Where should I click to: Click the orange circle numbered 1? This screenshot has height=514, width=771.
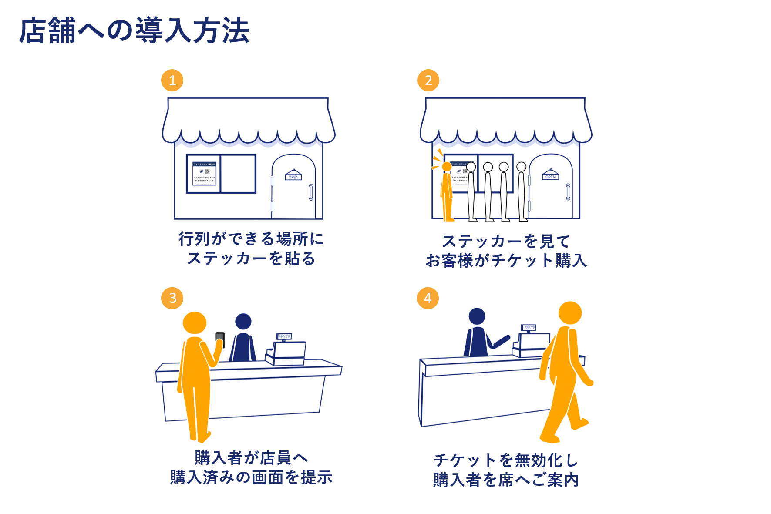(x=172, y=81)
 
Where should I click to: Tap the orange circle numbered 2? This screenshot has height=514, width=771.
(x=428, y=81)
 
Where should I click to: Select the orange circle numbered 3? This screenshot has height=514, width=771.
(x=172, y=298)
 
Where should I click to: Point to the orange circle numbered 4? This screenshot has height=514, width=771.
(x=428, y=298)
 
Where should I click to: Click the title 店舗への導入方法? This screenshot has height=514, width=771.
(x=134, y=30)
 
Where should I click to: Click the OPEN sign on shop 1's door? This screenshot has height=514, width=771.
(x=293, y=177)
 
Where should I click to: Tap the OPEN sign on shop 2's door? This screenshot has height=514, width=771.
(x=550, y=177)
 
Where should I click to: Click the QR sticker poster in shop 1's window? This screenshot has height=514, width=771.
(x=204, y=174)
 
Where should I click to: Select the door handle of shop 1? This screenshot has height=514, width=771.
(x=311, y=192)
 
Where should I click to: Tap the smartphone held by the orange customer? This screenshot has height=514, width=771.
(x=220, y=339)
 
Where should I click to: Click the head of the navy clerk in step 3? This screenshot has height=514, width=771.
(x=243, y=322)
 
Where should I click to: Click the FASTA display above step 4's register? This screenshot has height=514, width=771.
(x=529, y=327)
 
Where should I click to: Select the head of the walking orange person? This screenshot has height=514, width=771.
(x=569, y=312)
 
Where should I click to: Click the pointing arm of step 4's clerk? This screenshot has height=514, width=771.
(x=500, y=342)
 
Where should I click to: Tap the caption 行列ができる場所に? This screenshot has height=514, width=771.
(x=251, y=239)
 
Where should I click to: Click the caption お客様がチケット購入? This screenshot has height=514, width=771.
(x=506, y=261)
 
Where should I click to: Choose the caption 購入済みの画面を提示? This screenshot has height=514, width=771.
(x=251, y=477)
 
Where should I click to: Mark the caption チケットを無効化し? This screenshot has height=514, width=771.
(x=506, y=460)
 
